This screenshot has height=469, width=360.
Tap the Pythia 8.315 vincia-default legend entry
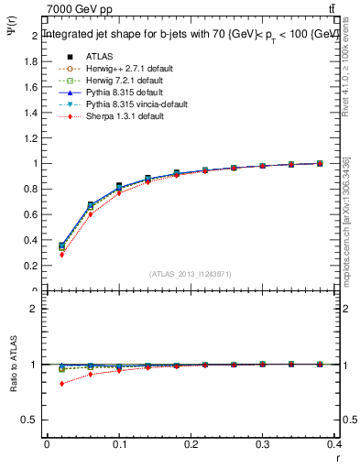(129, 105)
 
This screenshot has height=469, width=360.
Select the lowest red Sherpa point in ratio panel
(61, 384)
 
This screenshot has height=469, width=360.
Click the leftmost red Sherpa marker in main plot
(61, 255)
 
